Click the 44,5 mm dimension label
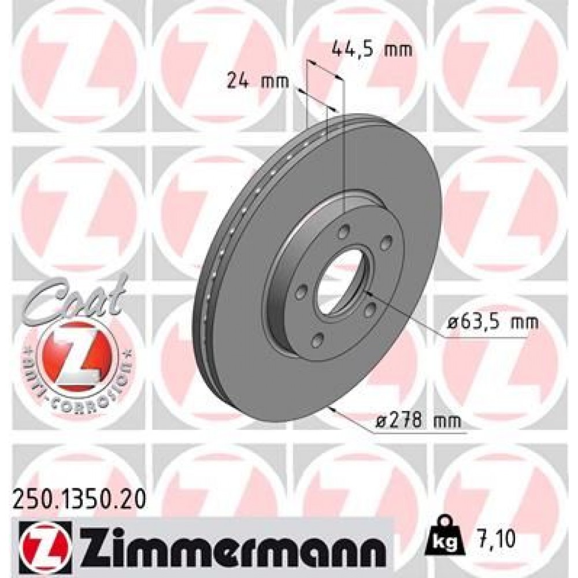click(372, 50)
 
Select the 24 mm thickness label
click(257, 81)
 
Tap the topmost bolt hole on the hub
click(344, 232)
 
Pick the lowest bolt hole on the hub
click(316, 340)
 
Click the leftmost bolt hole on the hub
click(299, 294)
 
